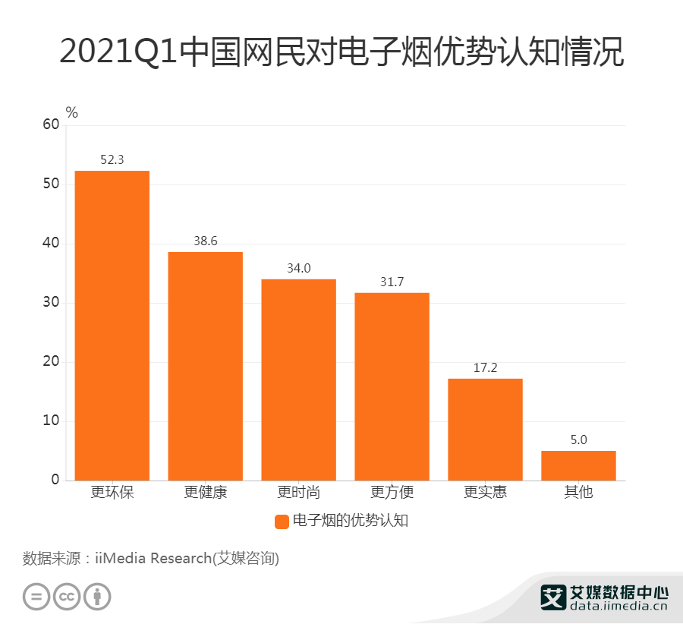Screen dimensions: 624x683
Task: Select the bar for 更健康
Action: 205,366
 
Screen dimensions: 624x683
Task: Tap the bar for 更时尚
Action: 298,380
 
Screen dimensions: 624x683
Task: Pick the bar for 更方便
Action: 392,386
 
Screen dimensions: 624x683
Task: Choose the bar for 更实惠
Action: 485,429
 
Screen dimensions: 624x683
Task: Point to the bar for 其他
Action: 578,465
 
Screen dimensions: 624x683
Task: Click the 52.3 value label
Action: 112,159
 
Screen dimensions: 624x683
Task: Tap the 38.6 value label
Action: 205,241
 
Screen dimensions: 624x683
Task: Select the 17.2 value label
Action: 485,367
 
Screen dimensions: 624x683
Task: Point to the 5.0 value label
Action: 578,440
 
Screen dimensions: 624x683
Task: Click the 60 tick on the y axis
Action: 51,125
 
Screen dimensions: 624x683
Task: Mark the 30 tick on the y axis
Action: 51,303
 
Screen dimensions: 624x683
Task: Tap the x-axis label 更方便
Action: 392,492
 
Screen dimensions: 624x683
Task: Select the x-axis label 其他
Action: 578,492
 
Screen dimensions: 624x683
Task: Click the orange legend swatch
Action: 282,521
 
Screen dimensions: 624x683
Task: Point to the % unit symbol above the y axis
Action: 72,112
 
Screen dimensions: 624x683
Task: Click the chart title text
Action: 341,53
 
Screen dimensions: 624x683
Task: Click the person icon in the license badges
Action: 97,596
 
